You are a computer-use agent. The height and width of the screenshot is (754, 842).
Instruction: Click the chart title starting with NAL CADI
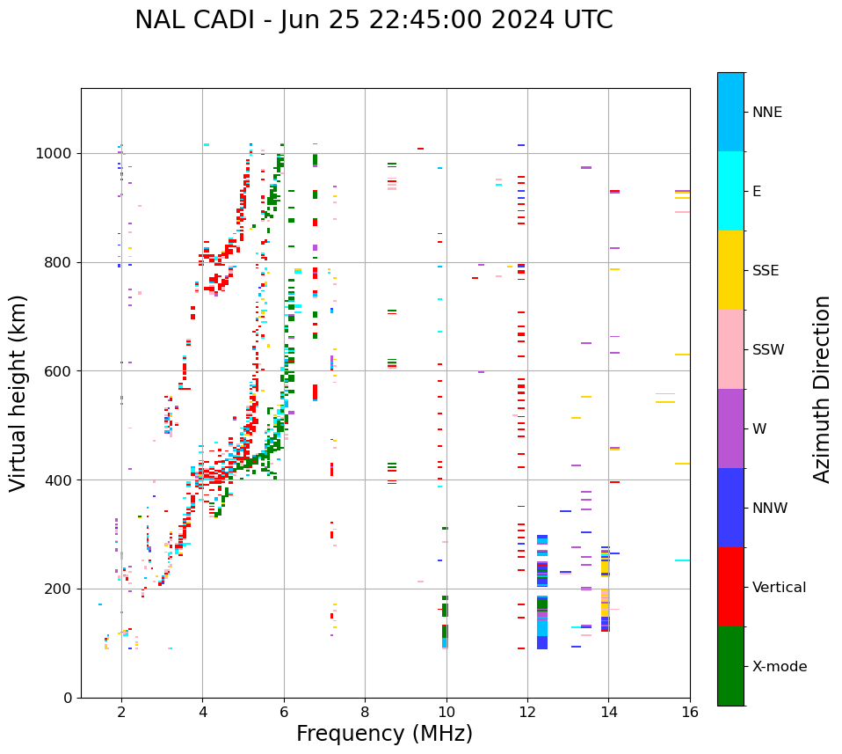[374, 20]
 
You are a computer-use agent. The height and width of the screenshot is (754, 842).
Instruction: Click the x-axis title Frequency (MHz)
[384, 734]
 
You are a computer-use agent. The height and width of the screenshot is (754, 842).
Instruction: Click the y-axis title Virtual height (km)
[18, 393]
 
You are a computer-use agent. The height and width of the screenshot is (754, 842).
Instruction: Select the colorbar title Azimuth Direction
[822, 389]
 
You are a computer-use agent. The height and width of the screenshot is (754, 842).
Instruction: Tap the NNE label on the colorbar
[767, 113]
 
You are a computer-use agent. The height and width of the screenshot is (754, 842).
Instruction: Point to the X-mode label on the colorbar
[780, 667]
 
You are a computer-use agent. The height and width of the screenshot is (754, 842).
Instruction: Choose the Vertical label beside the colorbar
[779, 588]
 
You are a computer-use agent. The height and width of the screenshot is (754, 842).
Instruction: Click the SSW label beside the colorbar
[768, 350]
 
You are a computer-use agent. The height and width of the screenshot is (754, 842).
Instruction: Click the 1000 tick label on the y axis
[54, 154]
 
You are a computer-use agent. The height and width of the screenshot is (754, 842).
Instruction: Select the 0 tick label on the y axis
[68, 698]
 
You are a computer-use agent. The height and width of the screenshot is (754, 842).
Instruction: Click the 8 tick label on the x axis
[365, 712]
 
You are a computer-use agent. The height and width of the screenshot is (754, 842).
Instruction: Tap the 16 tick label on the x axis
[690, 712]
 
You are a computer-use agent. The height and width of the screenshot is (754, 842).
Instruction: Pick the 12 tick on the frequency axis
[527, 712]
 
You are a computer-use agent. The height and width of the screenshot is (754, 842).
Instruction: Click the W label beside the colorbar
[760, 429]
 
